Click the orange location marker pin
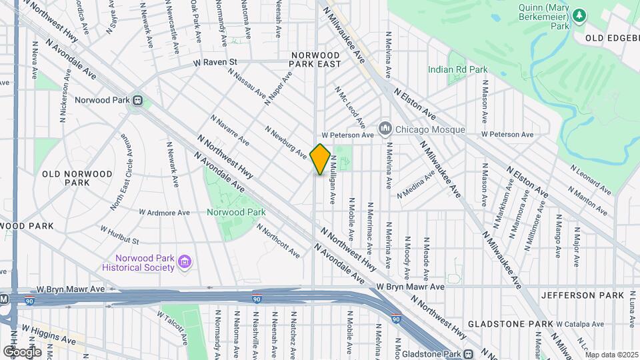click(320, 159)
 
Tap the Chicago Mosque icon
click(385, 127)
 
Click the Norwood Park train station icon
click(138, 101)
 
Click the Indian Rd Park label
click(457, 69)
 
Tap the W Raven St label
click(215, 62)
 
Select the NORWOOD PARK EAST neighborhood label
click(315, 59)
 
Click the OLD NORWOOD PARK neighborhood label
click(77, 178)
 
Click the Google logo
click(22, 351)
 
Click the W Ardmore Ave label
click(164, 213)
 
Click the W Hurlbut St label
click(119, 234)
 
